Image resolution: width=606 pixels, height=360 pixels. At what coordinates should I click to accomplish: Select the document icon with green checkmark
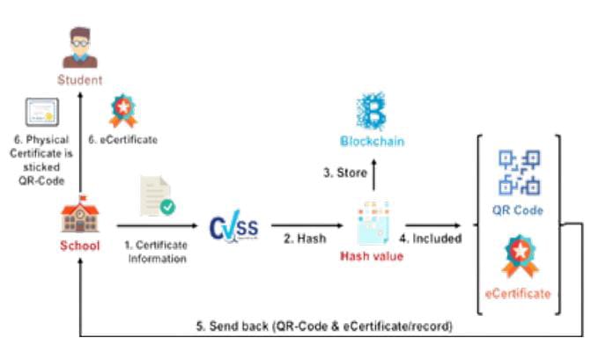click(x=157, y=199)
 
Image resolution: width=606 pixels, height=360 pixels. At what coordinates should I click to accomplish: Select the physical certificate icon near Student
click(x=40, y=114)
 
